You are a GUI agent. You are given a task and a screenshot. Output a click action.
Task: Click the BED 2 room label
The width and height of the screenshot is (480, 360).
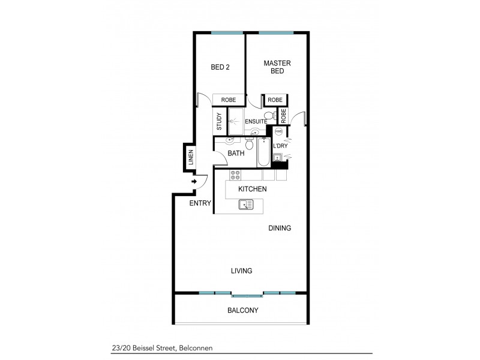click(220, 67)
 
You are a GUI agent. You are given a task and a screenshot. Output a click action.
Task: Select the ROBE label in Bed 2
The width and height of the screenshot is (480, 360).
click(228, 100)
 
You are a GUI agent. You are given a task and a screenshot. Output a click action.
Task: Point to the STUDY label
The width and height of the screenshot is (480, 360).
click(220, 122)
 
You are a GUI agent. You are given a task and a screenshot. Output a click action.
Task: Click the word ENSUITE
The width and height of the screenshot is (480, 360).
click(256, 122)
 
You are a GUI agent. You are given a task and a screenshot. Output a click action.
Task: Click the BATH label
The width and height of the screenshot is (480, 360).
click(236, 154)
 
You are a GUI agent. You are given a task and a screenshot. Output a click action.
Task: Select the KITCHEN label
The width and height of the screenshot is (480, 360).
click(252, 189)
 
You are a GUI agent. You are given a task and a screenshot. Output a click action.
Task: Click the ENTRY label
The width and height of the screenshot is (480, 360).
click(200, 203)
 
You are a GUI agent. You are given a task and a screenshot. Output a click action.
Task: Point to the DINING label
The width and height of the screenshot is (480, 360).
click(279, 228)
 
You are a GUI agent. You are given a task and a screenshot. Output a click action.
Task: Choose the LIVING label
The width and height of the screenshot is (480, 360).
click(241, 271)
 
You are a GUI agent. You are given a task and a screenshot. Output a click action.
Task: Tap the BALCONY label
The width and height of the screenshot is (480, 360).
click(242, 310)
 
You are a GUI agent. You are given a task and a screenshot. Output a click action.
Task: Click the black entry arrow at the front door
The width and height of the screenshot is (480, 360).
click(194, 182)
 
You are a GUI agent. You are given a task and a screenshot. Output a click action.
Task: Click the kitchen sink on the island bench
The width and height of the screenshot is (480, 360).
click(246, 205)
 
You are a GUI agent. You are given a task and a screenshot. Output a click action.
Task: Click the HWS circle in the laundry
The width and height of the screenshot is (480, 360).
click(278, 131)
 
